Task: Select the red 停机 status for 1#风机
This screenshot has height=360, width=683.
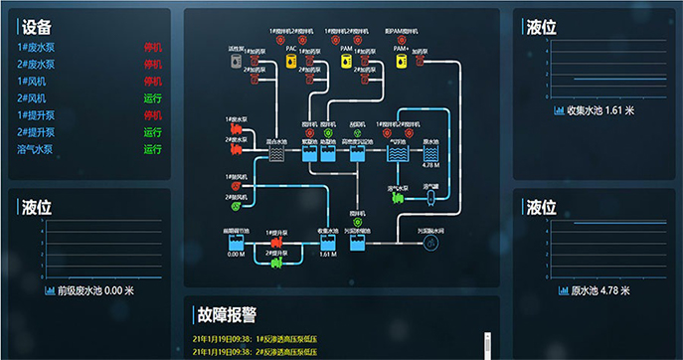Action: pos(152,81)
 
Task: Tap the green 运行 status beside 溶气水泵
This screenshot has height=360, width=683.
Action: pos(152,150)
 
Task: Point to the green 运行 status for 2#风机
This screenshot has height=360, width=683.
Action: pos(152,98)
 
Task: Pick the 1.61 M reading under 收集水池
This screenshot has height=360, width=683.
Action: pos(328,255)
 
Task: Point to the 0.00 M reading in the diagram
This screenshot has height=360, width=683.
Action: pos(236,255)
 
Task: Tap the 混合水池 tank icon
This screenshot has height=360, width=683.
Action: pos(278,156)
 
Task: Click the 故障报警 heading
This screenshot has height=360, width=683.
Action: pos(227,316)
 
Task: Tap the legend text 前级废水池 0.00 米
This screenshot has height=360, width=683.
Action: pos(94,291)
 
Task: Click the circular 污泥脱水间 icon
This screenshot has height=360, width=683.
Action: pos(430,244)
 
